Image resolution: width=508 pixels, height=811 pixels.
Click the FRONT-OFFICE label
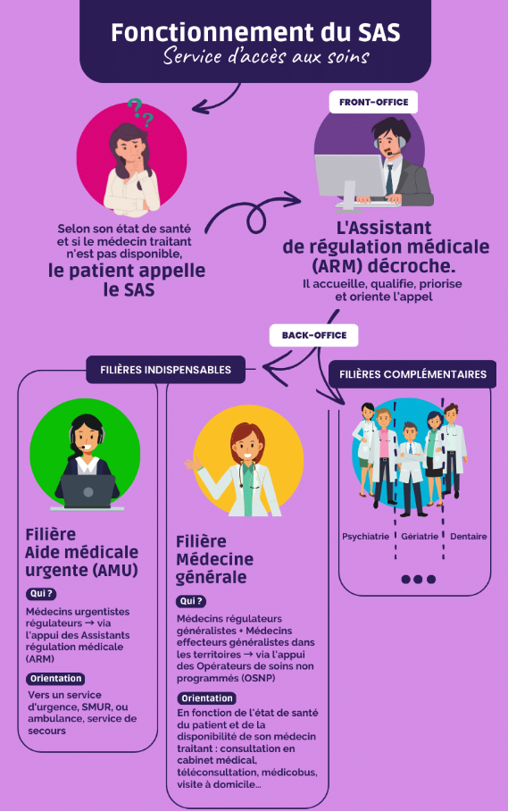point(373,103)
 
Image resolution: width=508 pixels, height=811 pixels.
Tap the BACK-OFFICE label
point(313,335)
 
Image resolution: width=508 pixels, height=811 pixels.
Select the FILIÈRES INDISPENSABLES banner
point(165,370)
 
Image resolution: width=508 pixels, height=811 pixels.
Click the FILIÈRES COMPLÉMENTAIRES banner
point(412,374)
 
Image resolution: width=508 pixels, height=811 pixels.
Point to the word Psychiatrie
point(365,537)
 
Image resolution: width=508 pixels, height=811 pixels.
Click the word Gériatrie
point(420,537)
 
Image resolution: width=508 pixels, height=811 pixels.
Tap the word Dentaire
point(468,537)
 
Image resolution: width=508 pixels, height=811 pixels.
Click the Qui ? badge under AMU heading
point(41,594)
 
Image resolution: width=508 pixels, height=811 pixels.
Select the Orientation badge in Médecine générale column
point(207,698)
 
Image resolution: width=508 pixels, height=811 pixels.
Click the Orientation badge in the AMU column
point(56,679)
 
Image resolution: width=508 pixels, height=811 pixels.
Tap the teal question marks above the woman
point(140,112)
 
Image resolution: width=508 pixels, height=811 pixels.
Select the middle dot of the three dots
point(418,580)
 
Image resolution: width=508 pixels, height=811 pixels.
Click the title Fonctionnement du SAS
point(255,32)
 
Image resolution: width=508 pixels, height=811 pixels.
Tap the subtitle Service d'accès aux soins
point(266,56)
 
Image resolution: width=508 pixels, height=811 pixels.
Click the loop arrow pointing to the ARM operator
point(253,212)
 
